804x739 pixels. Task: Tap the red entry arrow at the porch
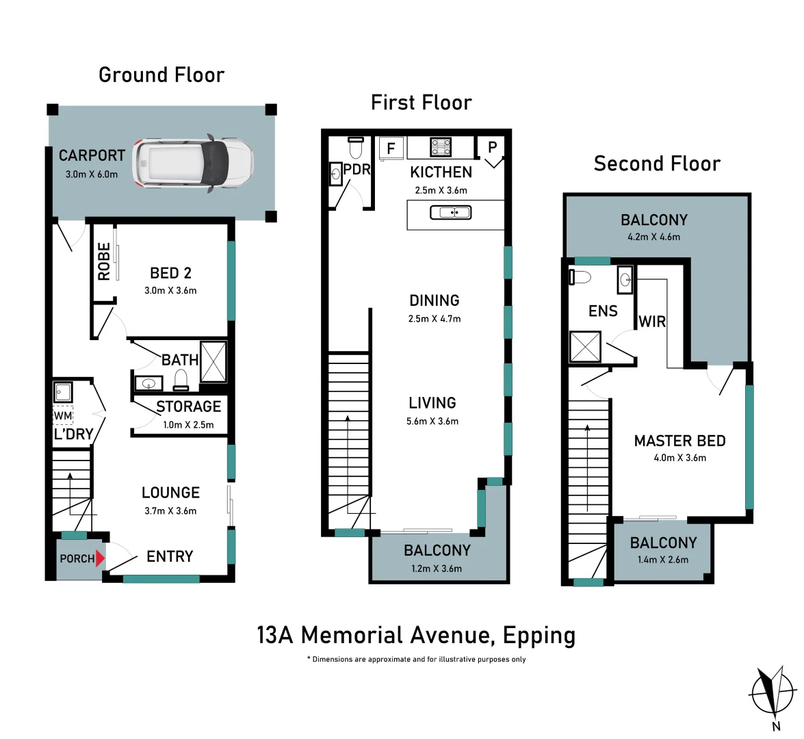pos(100,558)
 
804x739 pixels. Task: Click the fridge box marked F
pos(391,148)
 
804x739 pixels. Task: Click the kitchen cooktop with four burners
pos(440,147)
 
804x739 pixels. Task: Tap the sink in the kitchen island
pos(450,213)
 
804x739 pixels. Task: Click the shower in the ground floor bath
pos(213,361)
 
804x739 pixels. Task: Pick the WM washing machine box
pos(63,415)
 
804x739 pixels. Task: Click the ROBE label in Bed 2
pos(104,261)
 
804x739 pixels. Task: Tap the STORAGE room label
pos(188,406)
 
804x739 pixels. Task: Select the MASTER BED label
pos(679,441)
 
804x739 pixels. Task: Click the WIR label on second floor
pos(651,321)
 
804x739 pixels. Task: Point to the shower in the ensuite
pos(585,346)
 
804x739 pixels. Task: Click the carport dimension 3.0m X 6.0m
pos(92,174)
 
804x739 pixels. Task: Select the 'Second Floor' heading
pos(657,164)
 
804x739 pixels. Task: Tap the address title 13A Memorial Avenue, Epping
pos(416,635)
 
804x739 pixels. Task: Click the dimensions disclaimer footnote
pos(416,660)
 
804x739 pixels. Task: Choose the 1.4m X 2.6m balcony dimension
pos(662,560)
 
